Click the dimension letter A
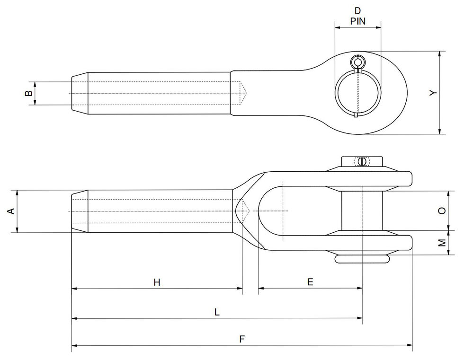tap(11, 211)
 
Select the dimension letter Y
tap(432, 93)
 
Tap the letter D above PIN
tap(357, 10)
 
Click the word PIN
tap(357, 21)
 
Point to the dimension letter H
tap(157, 282)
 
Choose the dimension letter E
tap(310, 282)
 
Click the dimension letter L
tap(217, 312)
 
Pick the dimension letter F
tap(242, 339)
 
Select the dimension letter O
tap(441, 211)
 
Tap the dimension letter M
tap(441, 243)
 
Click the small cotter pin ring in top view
tap(358, 62)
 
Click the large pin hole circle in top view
tap(358, 93)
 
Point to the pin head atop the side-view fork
tap(362, 162)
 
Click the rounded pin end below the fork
tap(362, 259)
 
